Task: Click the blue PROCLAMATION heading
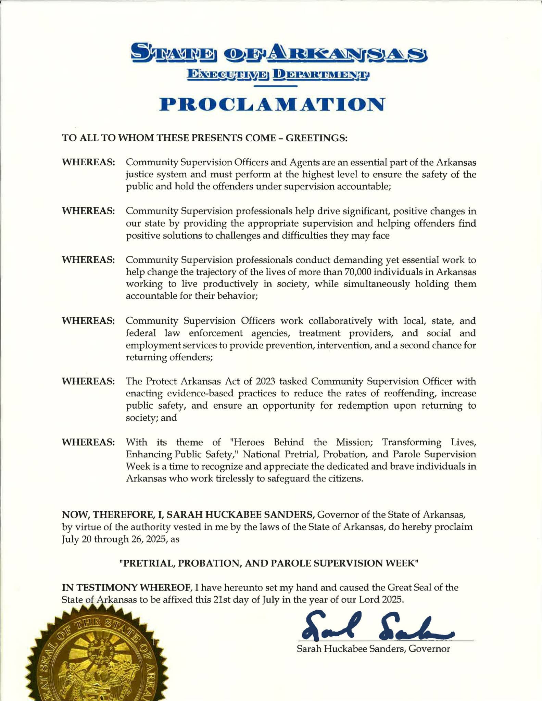pos(272,104)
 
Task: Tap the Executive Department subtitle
pos(278,74)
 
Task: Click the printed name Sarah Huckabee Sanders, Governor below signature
pos(373,649)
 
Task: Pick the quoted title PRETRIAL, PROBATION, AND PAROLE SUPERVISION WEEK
pos(269,564)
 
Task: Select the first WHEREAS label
pos(88,162)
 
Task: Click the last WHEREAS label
pos(88,442)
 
